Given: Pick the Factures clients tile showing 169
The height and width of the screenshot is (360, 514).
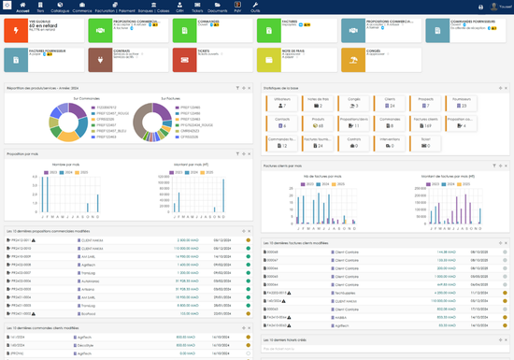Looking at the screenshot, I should click(x=424, y=122).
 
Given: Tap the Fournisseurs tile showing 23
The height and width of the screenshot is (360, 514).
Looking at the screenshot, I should click(x=459, y=103).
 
